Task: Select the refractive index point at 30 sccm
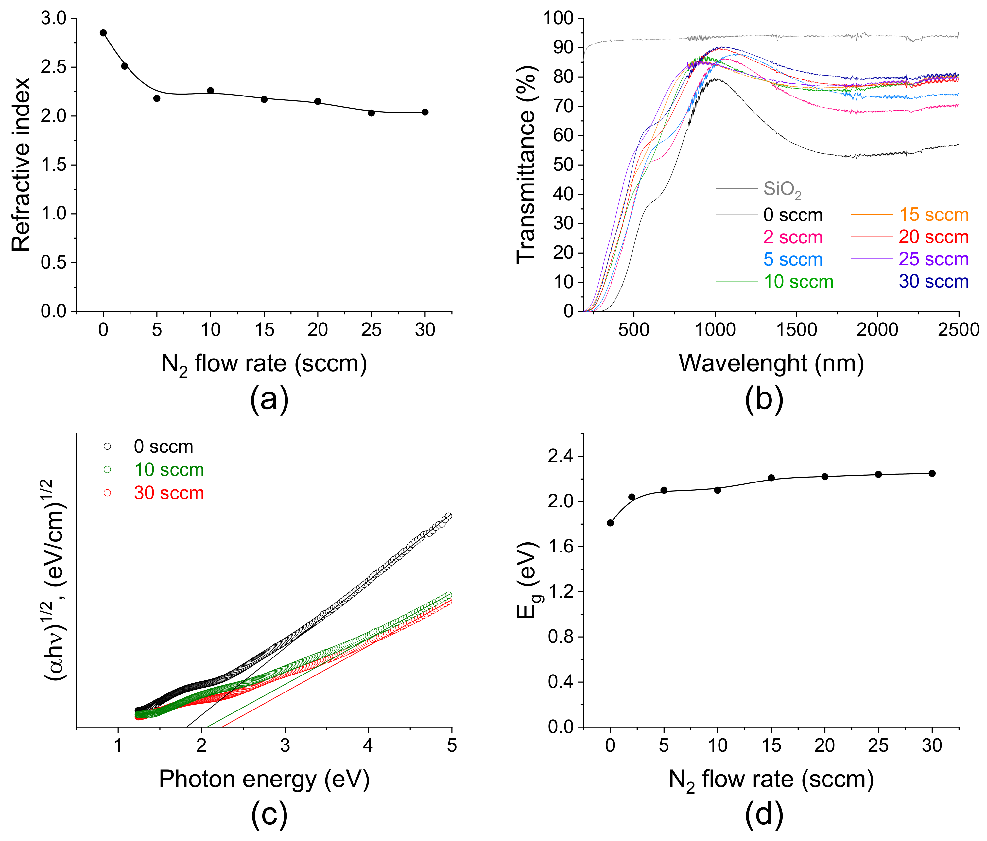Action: [x=425, y=112]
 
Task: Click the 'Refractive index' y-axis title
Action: [x=21, y=165]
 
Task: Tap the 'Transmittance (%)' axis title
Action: [x=527, y=165]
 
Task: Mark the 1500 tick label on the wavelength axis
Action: [x=796, y=330]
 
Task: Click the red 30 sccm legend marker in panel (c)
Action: [x=107, y=493]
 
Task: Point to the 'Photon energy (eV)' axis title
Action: [x=264, y=780]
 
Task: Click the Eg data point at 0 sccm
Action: [x=610, y=523]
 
